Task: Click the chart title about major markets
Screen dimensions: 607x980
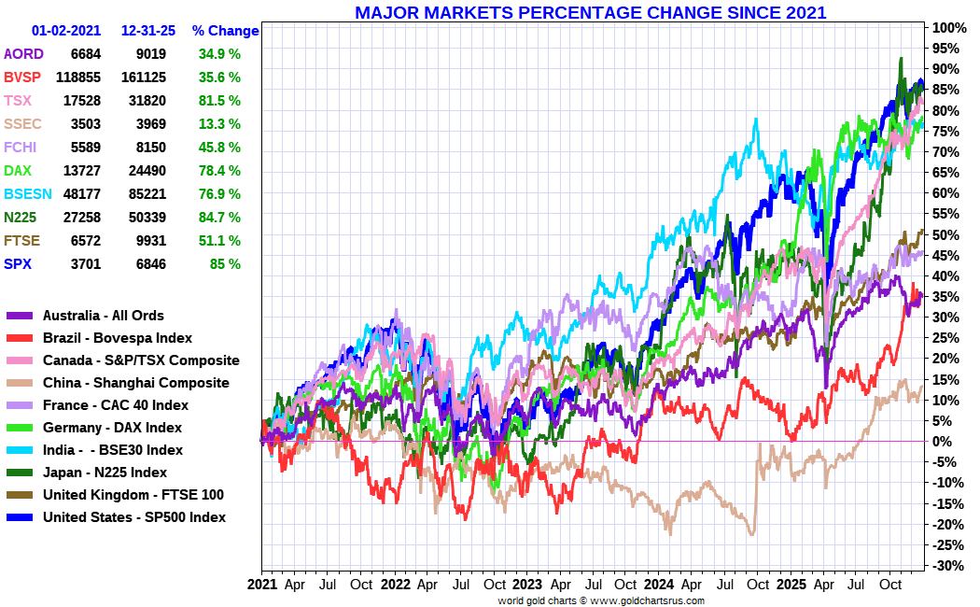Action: click(x=590, y=13)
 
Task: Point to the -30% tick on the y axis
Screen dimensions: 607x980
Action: click(x=945, y=566)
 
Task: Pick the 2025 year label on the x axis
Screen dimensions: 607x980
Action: click(x=792, y=585)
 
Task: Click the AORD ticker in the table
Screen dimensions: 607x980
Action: click(x=23, y=54)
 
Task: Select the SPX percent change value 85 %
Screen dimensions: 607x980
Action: click(x=223, y=264)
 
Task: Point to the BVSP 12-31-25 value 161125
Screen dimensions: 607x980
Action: click(x=144, y=78)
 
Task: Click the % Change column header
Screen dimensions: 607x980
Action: click(x=225, y=31)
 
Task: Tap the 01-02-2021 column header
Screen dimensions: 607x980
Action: click(x=66, y=31)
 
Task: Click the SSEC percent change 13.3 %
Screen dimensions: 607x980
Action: click(x=219, y=124)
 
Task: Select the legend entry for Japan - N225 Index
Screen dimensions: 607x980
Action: click(x=105, y=473)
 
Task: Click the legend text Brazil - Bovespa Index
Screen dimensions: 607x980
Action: click(x=118, y=338)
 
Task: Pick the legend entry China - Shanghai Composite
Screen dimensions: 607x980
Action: click(x=135, y=383)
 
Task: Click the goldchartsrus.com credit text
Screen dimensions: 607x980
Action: click(x=600, y=600)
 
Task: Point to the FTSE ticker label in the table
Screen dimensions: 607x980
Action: click(x=23, y=241)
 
